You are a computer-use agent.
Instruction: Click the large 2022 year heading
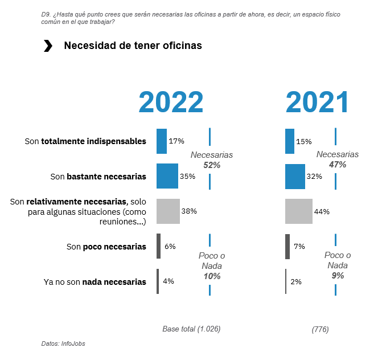tap(171, 103)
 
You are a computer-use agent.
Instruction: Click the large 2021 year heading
tap(317, 103)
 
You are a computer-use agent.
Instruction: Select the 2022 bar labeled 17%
tap(162, 141)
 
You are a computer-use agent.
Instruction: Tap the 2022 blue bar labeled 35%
tap(167, 176)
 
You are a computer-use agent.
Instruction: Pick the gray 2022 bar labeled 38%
tap(168, 211)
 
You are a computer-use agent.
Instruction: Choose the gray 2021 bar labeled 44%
tap(299, 211)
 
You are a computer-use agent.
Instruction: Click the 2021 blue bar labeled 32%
tap(295, 176)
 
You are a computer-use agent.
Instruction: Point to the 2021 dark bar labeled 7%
tap(287, 246)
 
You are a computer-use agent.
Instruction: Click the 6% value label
tap(170, 247)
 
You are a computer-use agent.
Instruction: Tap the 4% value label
tap(169, 281)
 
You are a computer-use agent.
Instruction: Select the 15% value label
tap(304, 141)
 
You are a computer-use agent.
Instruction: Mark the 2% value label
tap(296, 281)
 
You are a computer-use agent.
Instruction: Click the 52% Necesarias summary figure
tap(212, 165)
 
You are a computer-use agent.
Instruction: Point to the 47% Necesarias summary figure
tap(338, 165)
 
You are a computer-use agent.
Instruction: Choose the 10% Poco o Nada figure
tap(212, 276)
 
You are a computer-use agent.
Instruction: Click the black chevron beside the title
tap(48, 46)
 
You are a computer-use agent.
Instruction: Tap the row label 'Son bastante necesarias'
tap(98, 177)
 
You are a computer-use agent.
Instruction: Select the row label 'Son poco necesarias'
tap(106, 247)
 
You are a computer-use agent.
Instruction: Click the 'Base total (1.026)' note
tap(191, 329)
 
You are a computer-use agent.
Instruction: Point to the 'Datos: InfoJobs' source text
tap(63, 343)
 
